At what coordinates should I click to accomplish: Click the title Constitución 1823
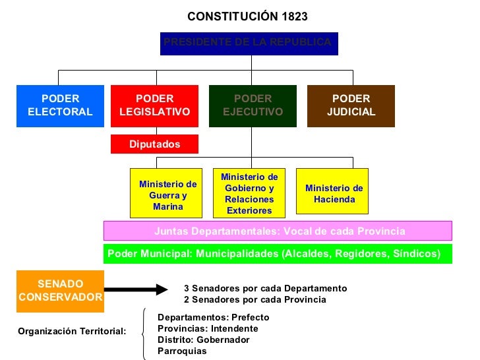point(247,16)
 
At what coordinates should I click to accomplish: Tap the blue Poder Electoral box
point(60,105)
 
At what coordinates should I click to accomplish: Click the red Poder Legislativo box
point(154,105)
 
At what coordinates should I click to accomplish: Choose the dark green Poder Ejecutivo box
point(253,105)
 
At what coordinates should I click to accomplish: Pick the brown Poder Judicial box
point(351,105)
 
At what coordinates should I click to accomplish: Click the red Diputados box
point(154,144)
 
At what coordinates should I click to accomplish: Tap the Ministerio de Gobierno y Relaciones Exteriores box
point(249,193)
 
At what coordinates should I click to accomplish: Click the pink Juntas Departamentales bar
point(278,231)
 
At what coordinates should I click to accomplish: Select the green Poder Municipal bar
point(278,254)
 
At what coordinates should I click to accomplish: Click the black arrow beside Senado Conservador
point(137,289)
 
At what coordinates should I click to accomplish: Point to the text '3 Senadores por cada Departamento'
point(265,289)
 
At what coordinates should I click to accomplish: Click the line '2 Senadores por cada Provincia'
point(255,300)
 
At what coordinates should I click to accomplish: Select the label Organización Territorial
point(72,331)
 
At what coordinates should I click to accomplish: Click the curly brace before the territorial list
point(145,334)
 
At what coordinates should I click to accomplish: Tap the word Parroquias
point(182,351)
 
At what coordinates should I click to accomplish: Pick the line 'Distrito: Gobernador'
point(204,340)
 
